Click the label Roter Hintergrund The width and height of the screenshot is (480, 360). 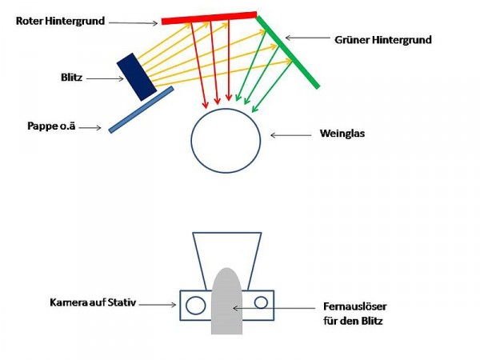tap(60, 20)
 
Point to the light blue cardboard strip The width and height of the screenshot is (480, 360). tap(140, 110)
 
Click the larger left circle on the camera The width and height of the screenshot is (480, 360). tap(194, 304)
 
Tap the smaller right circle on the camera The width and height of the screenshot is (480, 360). tap(261, 302)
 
